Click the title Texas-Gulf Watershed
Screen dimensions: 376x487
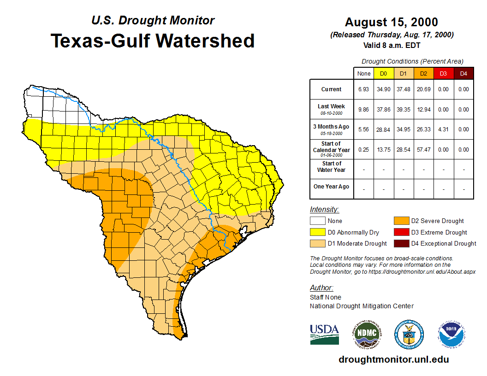click(x=152, y=41)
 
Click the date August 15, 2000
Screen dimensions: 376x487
click(x=392, y=22)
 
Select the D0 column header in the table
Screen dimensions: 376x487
click(x=383, y=74)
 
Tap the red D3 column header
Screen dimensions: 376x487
click(x=443, y=74)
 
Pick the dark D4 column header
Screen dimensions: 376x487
click(x=463, y=74)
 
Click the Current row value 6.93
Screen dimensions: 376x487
click(x=364, y=89)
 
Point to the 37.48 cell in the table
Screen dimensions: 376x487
click(x=404, y=89)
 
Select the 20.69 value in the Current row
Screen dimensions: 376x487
click(x=423, y=89)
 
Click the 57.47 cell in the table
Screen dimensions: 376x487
click(x=423, y=150)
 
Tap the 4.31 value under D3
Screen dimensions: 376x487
click(x=443, y=129)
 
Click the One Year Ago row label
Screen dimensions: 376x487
click(x=332, y=187)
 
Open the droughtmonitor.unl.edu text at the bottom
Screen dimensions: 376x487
click(x=393, y=359)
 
